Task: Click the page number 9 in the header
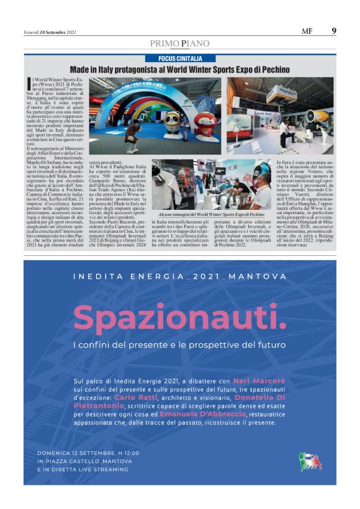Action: tap(334, 30)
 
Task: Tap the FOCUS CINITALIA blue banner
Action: tap(179, 58)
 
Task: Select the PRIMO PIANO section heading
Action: tap(179, 43)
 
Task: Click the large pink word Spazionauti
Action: tap(180, 318)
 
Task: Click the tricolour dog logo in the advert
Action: tap(310, 461)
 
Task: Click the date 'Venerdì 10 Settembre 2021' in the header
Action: tap(50, 32)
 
